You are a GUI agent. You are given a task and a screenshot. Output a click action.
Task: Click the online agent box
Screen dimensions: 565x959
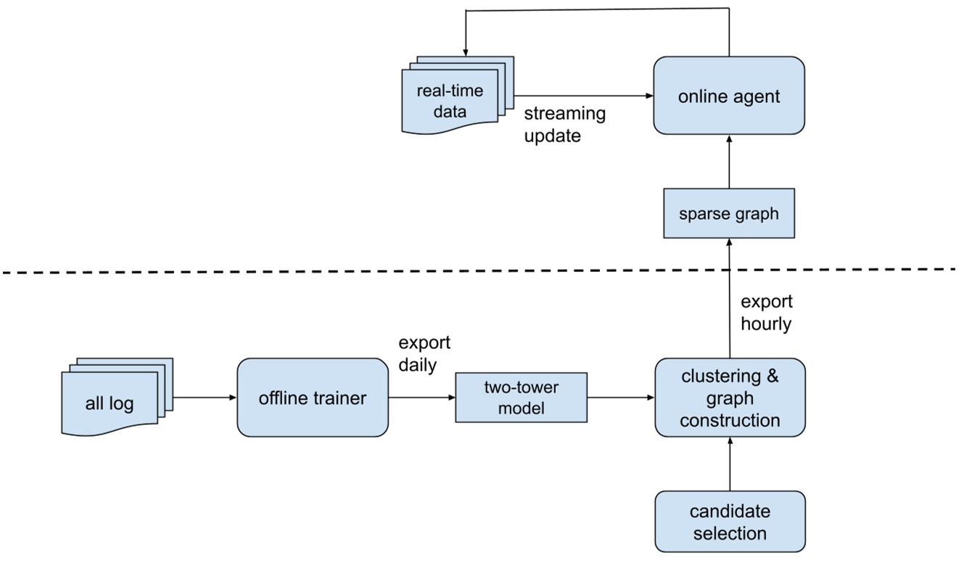[x=729, y=96]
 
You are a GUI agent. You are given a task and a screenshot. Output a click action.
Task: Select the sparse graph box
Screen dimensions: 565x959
[x=729, y=213]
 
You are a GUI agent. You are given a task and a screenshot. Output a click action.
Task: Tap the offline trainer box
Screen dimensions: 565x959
[x=313, y=397]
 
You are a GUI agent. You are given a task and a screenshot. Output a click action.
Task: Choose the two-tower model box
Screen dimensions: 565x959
[x=520, y=397]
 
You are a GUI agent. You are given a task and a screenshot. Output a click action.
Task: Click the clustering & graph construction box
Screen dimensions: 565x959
[x=729, y=397]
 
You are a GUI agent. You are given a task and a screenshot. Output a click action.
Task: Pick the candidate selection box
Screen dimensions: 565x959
[x=729, y=521]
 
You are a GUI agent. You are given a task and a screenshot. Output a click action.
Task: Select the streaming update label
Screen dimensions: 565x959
[x=564, y=124]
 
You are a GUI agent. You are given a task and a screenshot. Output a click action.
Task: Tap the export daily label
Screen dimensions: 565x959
[x=424, y=353]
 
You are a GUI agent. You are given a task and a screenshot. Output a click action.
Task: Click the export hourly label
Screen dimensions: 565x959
[x=766, y=313]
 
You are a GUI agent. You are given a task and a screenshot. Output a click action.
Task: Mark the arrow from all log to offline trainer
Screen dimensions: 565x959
[x=205, y=397]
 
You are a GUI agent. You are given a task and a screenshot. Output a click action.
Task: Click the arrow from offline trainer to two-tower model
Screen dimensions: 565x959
[x=421, y=397]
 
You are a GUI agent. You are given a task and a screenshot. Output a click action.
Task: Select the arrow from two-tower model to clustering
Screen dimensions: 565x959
[x=620, y=397]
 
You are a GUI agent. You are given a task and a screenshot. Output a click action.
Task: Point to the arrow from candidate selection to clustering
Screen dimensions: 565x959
[x=729, y=464]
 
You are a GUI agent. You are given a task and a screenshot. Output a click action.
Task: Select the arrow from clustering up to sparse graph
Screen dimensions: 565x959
[x=729, y=297]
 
